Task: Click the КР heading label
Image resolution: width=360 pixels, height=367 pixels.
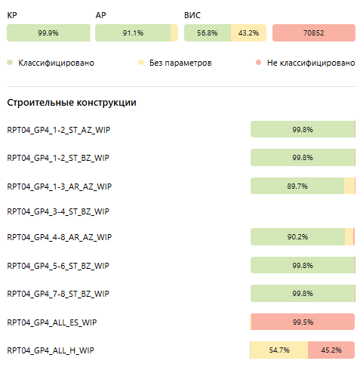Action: click(12, 15)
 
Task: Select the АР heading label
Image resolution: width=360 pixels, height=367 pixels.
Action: click(100, 15)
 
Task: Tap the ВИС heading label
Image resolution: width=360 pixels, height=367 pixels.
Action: click(192, 15)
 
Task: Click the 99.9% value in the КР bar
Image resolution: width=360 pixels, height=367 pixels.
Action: click(48, 32)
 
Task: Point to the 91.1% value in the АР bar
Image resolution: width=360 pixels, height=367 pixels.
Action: click(133, 32)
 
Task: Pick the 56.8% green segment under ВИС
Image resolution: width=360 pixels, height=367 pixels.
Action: click(208, 32)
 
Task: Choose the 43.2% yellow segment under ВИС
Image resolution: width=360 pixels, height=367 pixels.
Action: click(248, 32)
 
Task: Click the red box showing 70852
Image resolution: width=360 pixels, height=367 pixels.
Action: click(314, 32)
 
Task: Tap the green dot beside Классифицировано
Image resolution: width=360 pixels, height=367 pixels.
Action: click(10, 63)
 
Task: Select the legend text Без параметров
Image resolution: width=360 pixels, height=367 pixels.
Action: click(180, 63)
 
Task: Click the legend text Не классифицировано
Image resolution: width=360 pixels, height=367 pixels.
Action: click(311, 63)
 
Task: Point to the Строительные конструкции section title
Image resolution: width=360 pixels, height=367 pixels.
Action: click(72, 103)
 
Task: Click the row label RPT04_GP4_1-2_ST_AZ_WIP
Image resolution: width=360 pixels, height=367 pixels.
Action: click(59, 130)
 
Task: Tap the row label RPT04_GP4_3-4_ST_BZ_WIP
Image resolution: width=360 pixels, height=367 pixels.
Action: click(58, 211)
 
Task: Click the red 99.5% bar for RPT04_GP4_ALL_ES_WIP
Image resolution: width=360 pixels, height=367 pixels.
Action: click(303, 322)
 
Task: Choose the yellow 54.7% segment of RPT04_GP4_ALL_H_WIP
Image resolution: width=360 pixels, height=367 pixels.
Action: click(279, 350)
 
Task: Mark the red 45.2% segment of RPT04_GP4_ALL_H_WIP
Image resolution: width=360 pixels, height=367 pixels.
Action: click(331, 350)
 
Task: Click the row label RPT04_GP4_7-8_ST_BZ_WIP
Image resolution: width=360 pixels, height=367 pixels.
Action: click(58, 294)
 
